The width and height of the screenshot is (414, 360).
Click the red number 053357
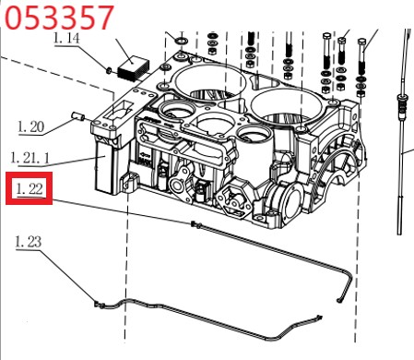point(59,18)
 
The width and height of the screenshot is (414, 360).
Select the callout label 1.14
point(66,38)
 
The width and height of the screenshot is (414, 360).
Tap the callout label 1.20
point(30,126)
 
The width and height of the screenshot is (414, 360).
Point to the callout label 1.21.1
point(30,158)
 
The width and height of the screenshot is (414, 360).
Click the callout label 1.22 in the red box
point(30,188)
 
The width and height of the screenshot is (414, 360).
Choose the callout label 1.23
point(29,242)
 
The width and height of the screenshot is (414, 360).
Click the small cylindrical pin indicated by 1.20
point(78,117)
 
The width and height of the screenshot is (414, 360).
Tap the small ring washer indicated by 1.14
point(109,70)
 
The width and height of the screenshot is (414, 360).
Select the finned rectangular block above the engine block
point(134,69)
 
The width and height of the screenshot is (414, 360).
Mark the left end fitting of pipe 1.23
point(99,305)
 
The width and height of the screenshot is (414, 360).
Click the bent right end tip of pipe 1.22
point(339,301)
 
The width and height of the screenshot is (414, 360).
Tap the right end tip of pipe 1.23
point(320,316)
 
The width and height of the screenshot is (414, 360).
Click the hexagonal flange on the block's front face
point(233,200)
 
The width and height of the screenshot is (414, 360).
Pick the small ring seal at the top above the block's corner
point(182,41)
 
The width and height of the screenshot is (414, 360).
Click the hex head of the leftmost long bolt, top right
point(326,36)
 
